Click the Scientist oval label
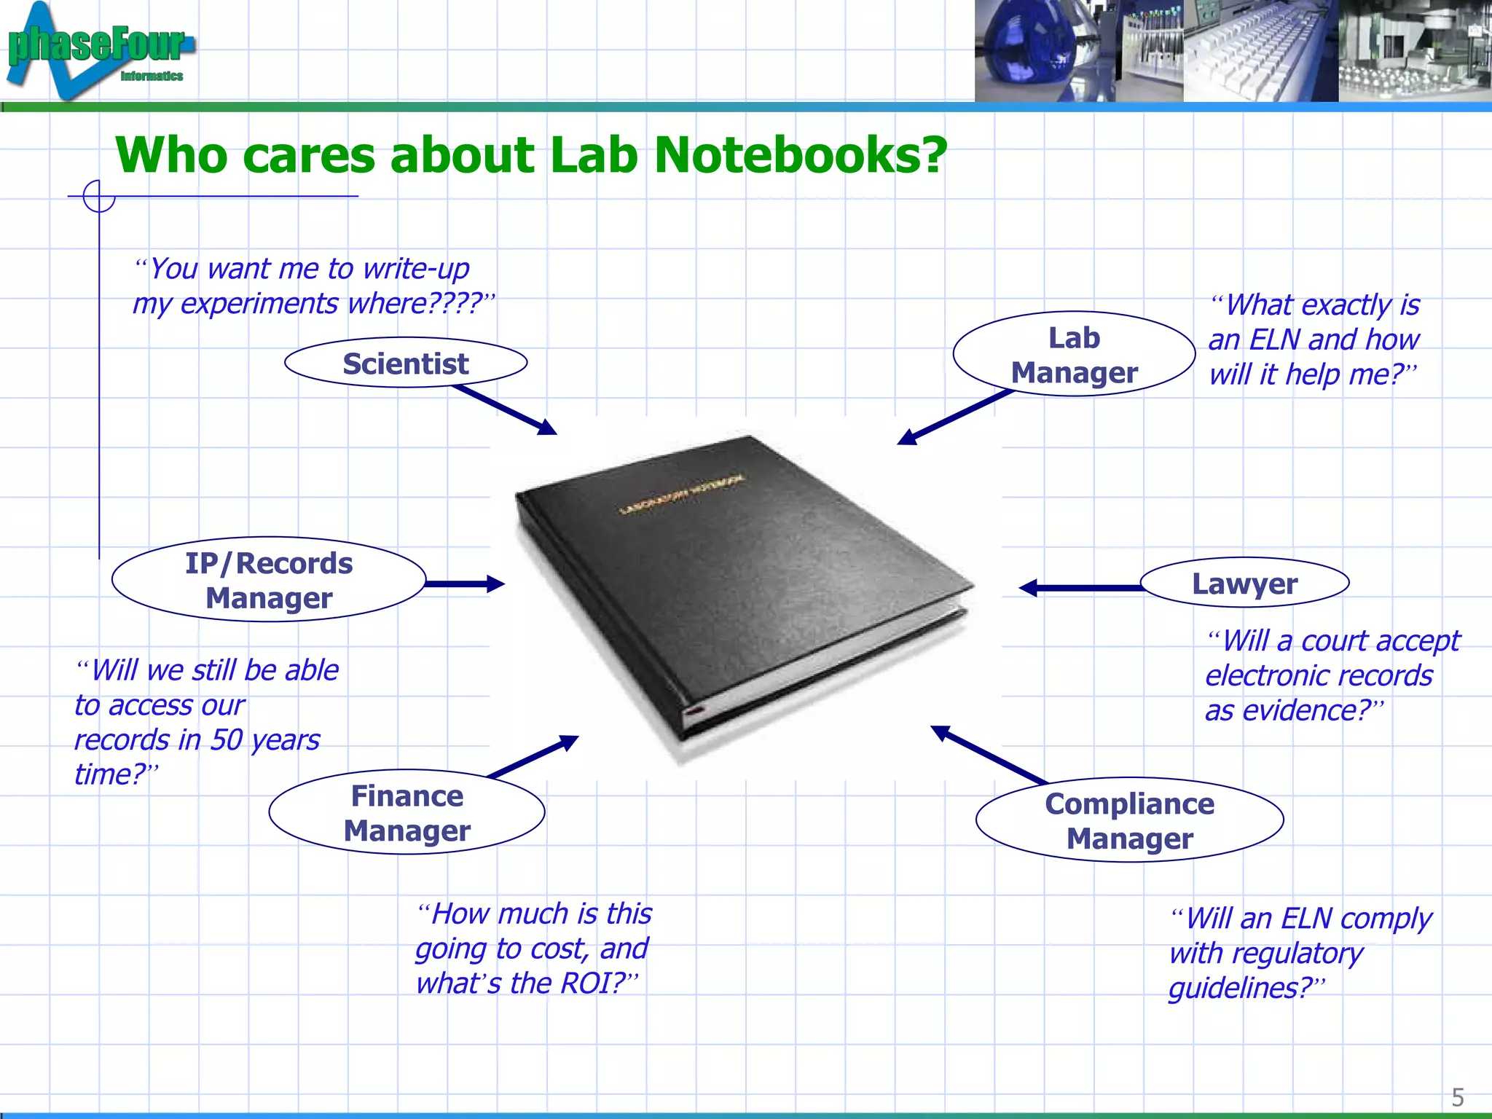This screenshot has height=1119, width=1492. click(406, 363)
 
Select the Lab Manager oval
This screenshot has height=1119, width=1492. click(1074, 355)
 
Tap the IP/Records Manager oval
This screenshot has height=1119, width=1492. click(269, 580)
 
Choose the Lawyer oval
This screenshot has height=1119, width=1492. click(1244, 583)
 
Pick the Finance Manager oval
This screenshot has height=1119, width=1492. click(407, 812)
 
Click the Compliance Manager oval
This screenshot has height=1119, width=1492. click(1129, 820)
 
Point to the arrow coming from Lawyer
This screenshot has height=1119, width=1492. click(1078, 587)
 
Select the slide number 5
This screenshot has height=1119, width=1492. click(1457, 1096)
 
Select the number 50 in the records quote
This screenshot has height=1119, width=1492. click(227, 739)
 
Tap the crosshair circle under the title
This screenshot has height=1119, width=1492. click(99, 196)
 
